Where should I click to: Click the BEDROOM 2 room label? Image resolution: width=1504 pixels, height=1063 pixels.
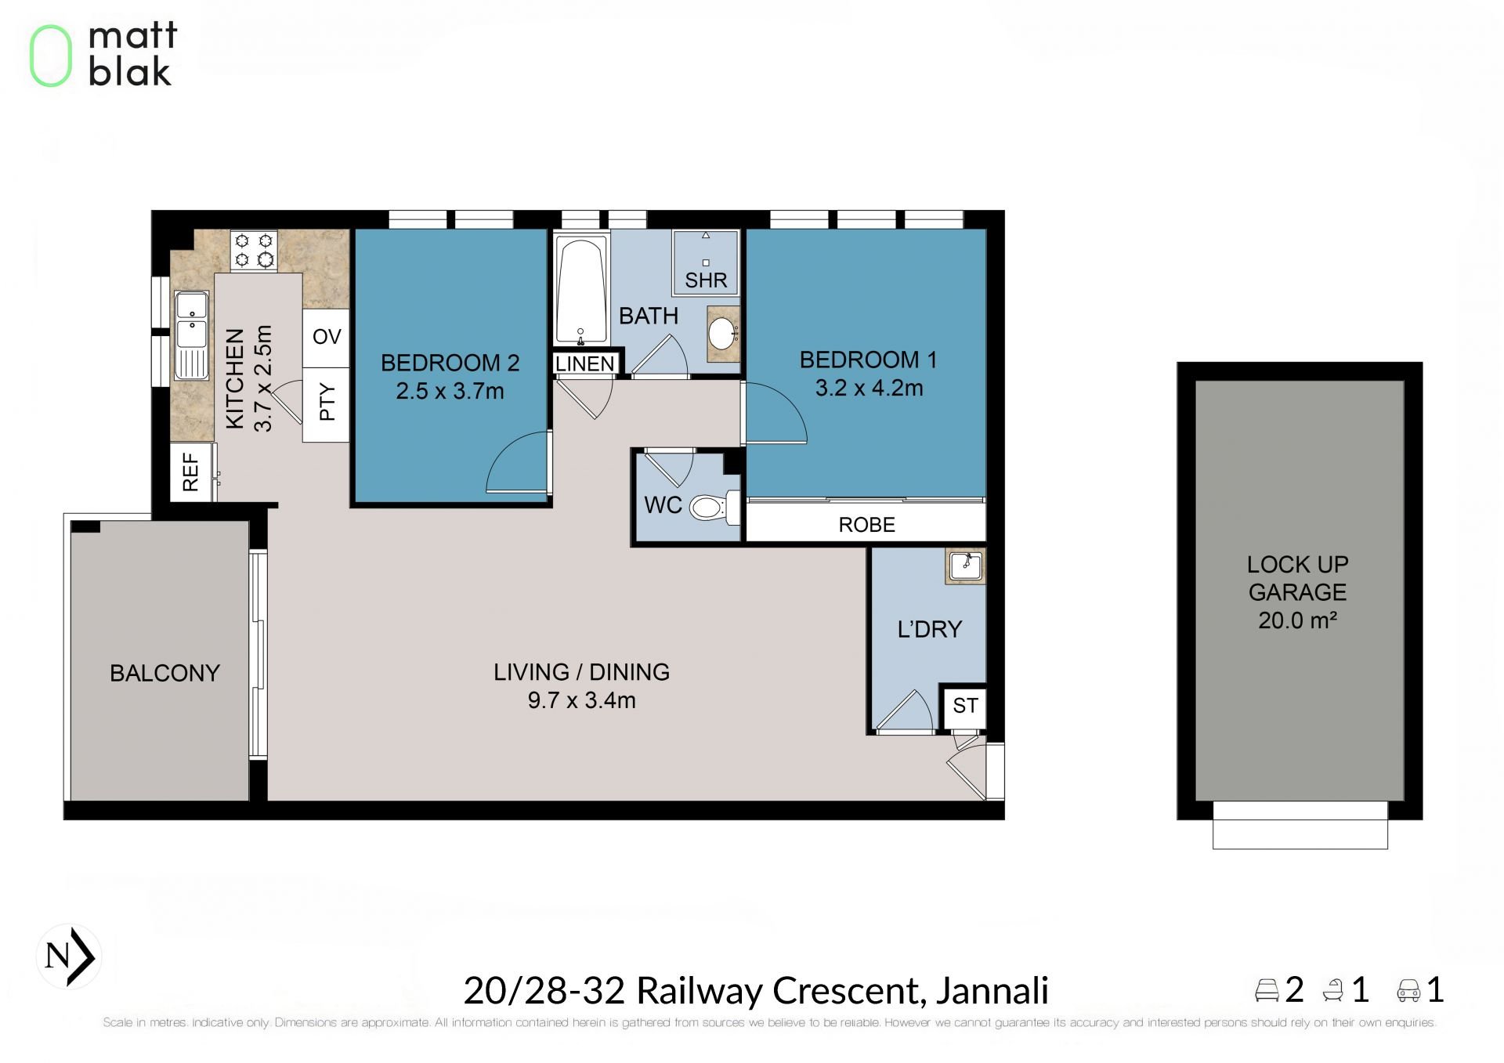tap(450, 363)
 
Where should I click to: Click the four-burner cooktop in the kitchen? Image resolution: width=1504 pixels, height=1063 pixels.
tap(254, 251)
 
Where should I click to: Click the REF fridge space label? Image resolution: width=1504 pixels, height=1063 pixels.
tap(190, 472)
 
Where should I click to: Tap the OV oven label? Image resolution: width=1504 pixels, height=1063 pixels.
tap(327, 337)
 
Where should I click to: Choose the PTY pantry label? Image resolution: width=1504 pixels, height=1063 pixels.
tap(327, 402)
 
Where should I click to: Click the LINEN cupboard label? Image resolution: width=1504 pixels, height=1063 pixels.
tap(585, 363)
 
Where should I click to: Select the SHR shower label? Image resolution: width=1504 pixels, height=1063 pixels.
tap(706, 280)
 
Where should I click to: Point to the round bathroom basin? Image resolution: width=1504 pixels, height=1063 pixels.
tap(721, 334)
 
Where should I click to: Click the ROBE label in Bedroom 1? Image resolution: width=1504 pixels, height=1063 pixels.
tap(866, 525)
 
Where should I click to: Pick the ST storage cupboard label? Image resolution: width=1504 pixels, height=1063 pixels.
tap(965, 706)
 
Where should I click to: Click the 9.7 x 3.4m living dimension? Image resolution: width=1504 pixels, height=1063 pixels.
tap(581, 700)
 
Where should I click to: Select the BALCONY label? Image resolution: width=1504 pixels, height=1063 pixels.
tap(164, 673)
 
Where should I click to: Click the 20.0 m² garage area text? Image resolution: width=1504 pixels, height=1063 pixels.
tap(1297, 620)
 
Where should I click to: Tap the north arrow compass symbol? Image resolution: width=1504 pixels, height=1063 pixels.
tap(69, 956)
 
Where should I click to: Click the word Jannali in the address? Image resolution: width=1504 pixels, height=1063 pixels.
tap(992, 990)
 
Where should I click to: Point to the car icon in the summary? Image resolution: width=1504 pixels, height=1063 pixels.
tap(1408, 991)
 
